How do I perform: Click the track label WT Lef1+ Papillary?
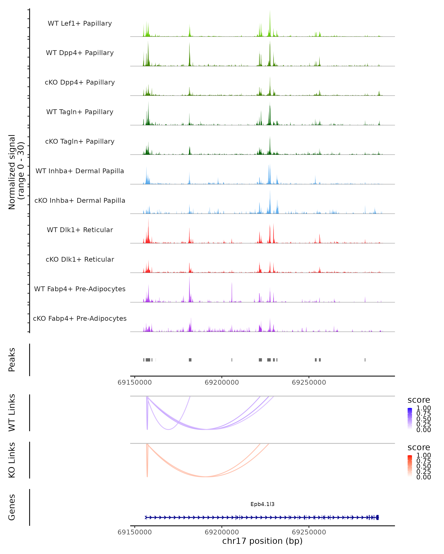(80, 23)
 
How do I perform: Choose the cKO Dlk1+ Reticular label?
(80, 259)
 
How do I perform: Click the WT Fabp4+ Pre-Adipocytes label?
(80, 289)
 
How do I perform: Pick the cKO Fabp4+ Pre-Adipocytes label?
(80, 318)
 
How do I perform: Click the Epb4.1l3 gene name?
(262, 504)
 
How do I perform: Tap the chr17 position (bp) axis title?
(262, 541)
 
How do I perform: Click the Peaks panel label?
(12, 360)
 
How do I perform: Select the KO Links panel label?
(12, 460)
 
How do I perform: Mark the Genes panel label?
(12, 507)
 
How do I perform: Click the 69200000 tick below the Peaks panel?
(222, 382)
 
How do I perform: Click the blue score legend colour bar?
(410, 419)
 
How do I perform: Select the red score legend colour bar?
(410, 466)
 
